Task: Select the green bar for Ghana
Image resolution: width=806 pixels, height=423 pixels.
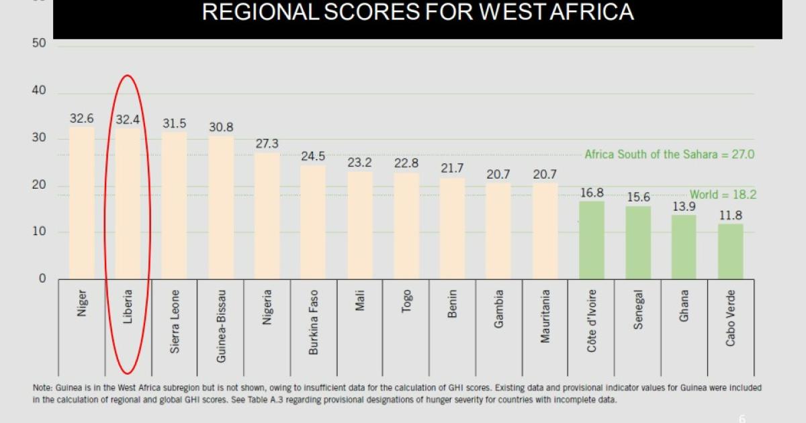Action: tap(684, 246)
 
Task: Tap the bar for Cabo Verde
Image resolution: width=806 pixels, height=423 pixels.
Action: tap(730, 251)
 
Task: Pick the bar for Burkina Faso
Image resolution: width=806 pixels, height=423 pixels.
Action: tap(313, 222)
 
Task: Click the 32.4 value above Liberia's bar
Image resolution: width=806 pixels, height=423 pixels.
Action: tap(128, 120)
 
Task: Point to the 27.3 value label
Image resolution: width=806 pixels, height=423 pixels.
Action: tap(267, 144)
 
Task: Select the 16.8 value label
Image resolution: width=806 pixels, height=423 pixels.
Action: tap(592, 193)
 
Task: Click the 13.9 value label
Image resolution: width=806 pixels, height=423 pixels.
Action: tap(684, 206)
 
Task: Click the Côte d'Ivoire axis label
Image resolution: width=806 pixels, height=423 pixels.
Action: tap(591, 320)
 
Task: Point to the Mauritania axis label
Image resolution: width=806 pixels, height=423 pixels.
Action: tap(545, 316)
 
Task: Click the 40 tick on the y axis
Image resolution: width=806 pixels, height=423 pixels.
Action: tap(40, 91)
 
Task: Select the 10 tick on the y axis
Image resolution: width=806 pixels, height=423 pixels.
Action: tap(40, 232)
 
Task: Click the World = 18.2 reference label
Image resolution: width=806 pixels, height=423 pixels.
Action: tap(722, 195)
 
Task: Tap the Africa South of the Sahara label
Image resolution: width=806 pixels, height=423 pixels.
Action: tap(669, 154)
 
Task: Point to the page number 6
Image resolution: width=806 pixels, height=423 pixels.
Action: tap(742, 417)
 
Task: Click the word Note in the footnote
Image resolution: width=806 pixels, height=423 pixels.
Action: tap(42, 388)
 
